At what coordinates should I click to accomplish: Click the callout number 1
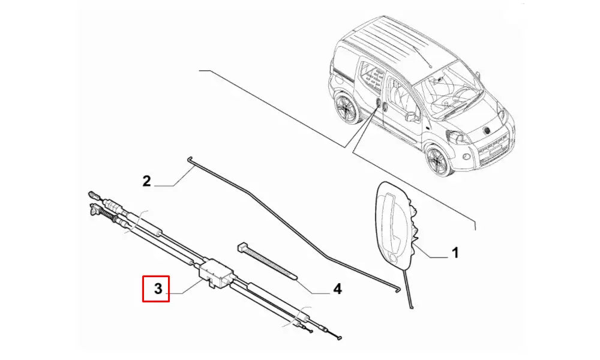455,253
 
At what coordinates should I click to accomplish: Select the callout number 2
146,181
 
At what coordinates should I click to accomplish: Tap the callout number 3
158,289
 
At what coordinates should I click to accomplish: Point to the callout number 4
337,289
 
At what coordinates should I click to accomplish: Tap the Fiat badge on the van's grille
487,130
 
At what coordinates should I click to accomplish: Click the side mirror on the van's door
412,115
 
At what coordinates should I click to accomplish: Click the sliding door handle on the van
378,105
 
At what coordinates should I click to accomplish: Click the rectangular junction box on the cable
215,272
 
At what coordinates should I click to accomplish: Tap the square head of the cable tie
242,246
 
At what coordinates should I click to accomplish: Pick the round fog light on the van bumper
466,157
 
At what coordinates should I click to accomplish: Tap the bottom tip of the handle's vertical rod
412,307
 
